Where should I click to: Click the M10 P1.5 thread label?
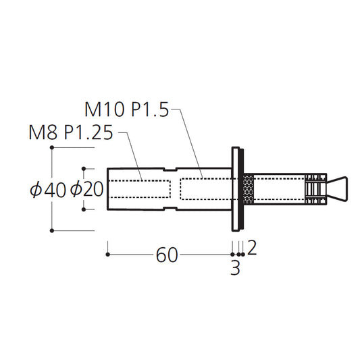pos(127,109)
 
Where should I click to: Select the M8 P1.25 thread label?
pos(71,132)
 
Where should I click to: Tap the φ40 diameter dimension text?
pos(48,190)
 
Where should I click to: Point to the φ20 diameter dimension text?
pos(86,189)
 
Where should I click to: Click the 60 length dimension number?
pos(167,255)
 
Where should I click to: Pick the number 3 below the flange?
pos(235,267)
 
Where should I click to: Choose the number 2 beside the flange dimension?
pos(252,248)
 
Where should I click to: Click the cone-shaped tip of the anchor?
pos(337,189)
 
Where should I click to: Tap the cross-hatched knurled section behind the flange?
pos(249,189)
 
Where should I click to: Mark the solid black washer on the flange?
pos(241,189)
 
